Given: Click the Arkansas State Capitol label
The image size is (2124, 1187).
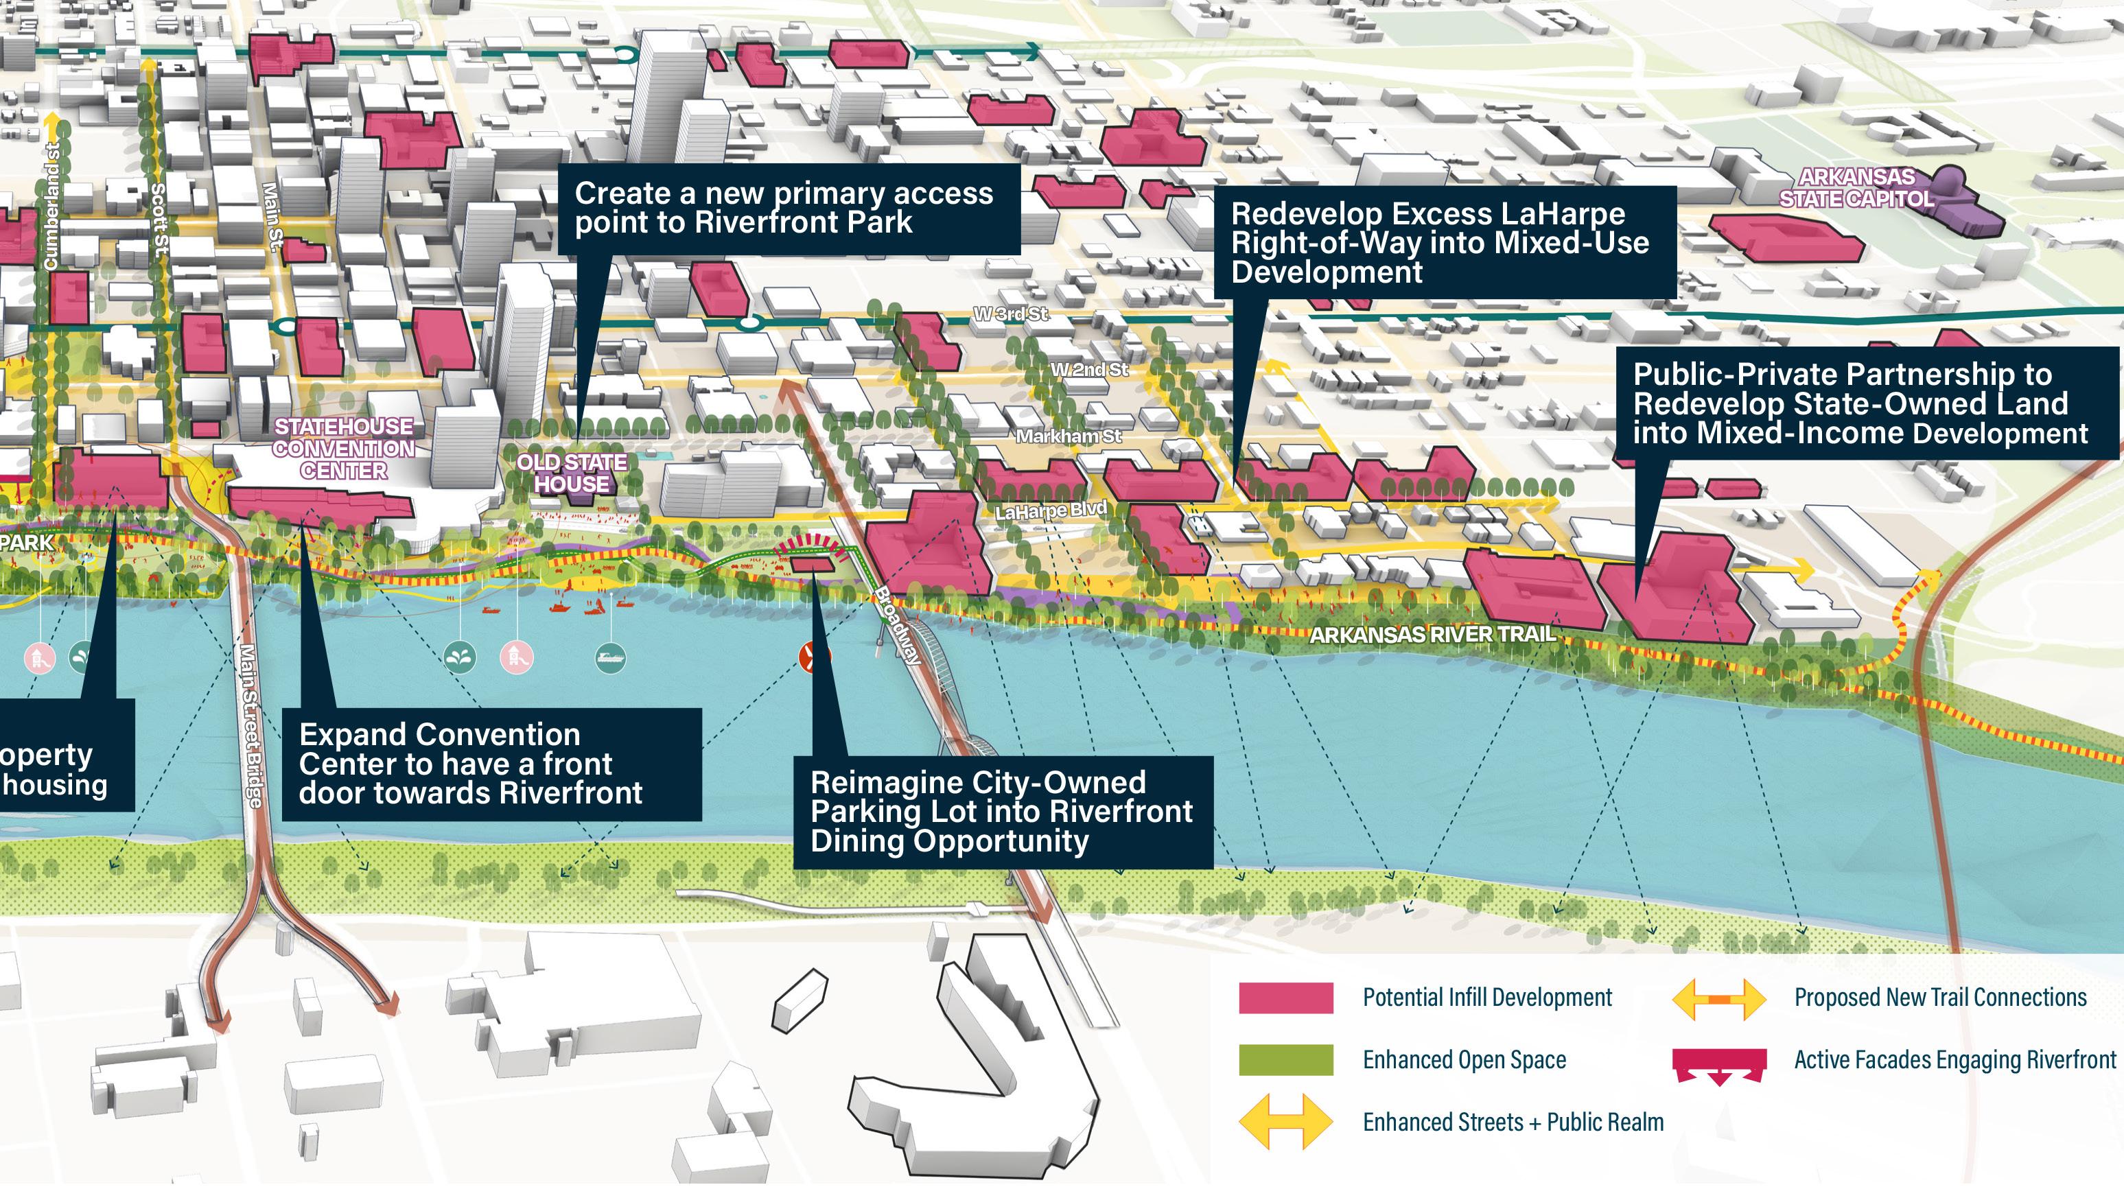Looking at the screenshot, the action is tap(1855, 188).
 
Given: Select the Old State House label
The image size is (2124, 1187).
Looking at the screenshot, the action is tap(572, 473).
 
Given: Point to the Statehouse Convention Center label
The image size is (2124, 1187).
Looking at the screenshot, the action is tap(343, 449).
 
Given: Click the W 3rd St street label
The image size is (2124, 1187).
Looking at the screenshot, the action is tap(1010, 314).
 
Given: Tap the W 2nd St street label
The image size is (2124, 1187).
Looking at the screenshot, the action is tap(1088, 369).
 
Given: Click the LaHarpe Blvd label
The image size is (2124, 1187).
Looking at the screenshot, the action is tap(1049, 511).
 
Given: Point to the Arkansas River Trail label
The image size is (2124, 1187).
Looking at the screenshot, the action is tap(1432, 635).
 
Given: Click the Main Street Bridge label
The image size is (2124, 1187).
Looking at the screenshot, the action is tap(250, 725).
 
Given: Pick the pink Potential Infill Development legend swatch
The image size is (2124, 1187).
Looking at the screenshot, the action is tap(1285, 998).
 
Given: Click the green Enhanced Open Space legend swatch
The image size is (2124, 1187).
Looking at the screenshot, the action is tap(1285, 1060).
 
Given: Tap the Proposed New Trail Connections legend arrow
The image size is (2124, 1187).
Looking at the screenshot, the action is tap(1719, 999).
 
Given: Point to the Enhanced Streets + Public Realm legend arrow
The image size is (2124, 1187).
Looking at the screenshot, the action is tap(1285, 1122).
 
